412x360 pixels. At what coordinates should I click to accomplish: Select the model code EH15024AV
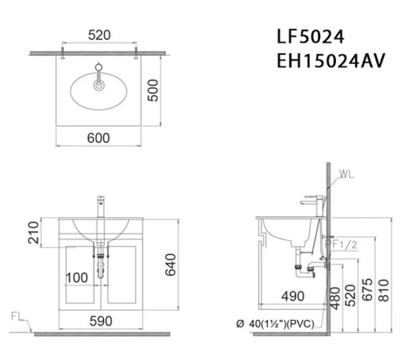[330, 61]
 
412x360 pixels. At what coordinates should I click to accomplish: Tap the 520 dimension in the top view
[99, 35]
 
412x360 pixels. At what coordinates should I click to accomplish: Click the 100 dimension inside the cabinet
[77, 278]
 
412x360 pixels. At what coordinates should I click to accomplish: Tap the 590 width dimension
[101, 321]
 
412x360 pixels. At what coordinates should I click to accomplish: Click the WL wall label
[347, 174]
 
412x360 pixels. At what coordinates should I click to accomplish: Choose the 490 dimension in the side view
[293, 296]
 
